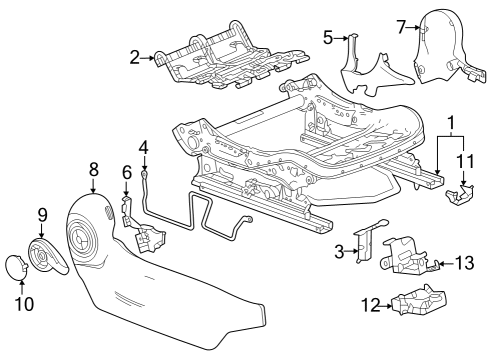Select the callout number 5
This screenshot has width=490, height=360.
click(327, 37)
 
